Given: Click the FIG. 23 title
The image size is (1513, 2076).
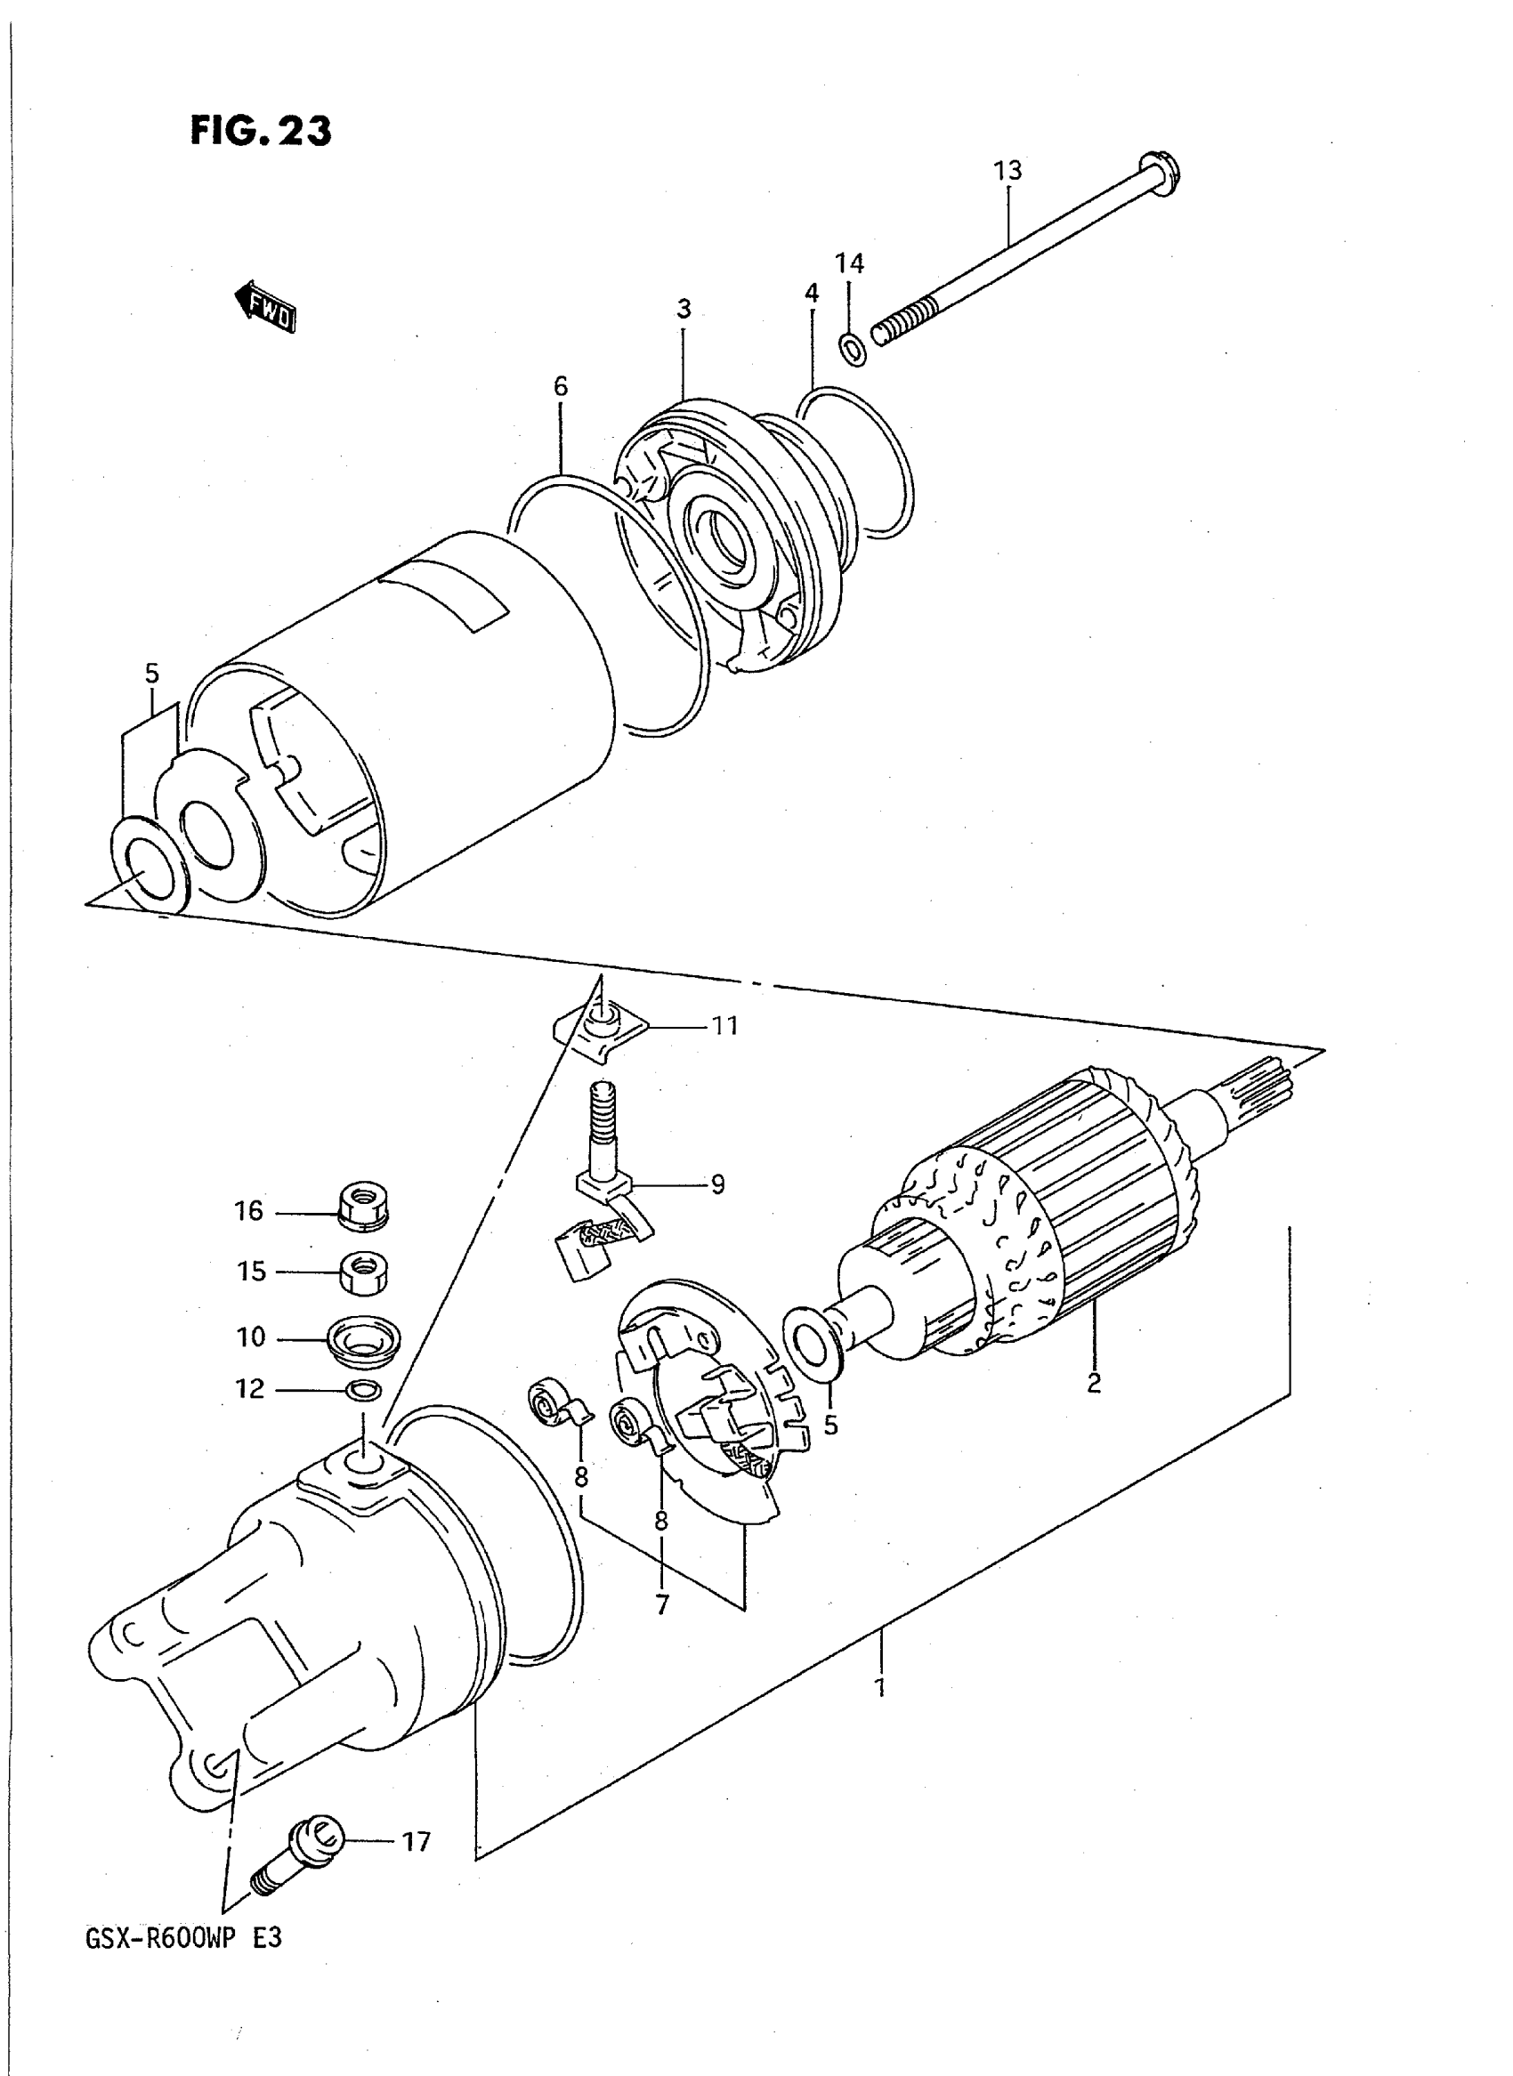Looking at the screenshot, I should tap(261, 131).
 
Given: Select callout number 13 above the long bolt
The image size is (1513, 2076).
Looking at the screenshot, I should tap(1007, 170).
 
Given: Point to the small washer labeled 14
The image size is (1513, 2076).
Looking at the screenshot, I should tap(853, 349).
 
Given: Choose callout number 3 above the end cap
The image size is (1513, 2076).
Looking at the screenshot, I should tap(684, 310).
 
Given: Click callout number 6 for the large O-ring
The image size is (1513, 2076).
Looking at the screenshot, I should tap(561, 386).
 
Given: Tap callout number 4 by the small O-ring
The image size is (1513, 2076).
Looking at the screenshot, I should tap(812, 293).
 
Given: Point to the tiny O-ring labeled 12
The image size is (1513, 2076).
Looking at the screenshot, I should tap(364, 1390).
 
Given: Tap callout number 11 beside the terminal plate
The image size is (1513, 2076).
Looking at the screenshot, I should tap(725, 1026).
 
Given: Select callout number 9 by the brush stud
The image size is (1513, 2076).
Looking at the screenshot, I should tap(717, 1185).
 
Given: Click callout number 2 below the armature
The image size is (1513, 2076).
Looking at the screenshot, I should tap(1094, 1383).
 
